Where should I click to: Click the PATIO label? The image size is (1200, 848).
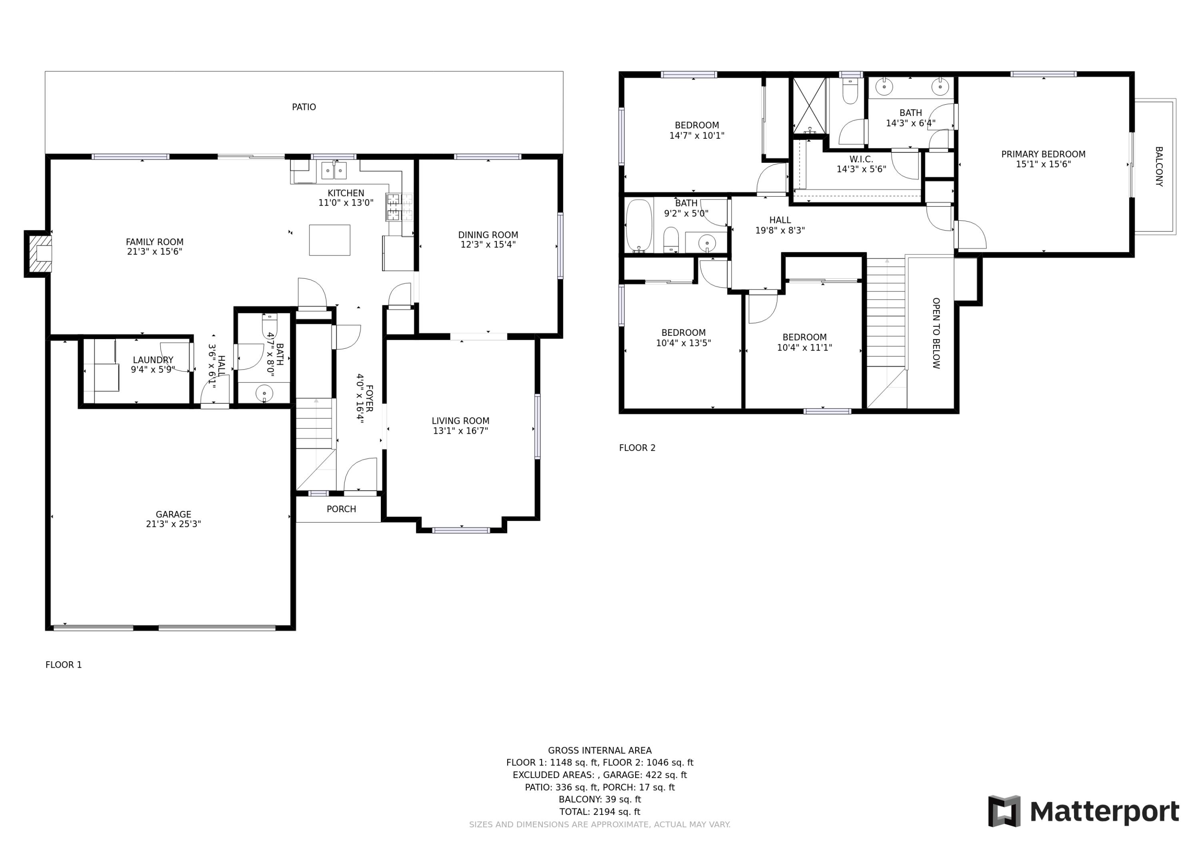pyautogui.click(x=304, y=107)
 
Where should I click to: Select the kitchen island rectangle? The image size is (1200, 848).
pyautogui.click(x=329, y=240)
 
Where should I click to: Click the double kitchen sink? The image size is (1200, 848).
pyautogui.click(x=334, y=170)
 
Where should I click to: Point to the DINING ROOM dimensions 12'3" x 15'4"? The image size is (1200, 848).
pyautogui.click(x=488, y=245)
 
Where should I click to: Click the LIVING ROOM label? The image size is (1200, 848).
pyautogui.click(x=460, y=421)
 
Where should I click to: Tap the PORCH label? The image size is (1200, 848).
pyautogui.click(x=341, y=509)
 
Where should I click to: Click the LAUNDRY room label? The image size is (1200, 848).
pyautogui.click(x=153, y=360)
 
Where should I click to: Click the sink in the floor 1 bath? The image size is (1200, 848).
pyautogui.click(x=264, y=393)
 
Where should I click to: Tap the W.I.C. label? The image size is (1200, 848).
pyautogui.click(x=861, y=159)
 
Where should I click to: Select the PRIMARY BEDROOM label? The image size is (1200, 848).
pyautogui.click(x=1043, y=154)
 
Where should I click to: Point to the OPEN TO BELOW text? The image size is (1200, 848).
pyautogui.click(x=936, y=333)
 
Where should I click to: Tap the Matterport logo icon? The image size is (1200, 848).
pyautogui.click(x=1004, y=811)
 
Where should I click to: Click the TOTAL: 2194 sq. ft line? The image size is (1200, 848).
pyautogui.click(x=600, y=812)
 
